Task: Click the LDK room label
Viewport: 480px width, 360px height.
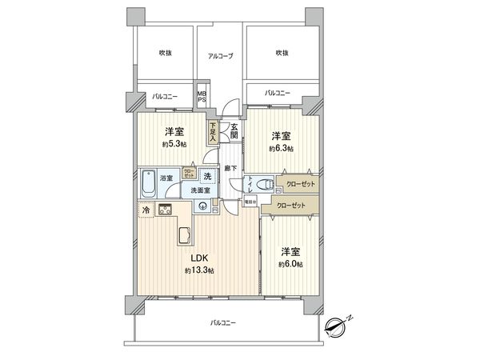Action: tap(198, 258)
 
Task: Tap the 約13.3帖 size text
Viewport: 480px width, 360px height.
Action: tap(198, 270)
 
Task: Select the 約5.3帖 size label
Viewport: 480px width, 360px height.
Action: tap(175, 144)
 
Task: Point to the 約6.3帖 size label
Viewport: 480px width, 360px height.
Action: tap(281, 149)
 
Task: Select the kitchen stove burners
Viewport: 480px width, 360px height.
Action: tap(166, 210)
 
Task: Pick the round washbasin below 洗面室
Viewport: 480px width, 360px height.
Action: tap(204, 207)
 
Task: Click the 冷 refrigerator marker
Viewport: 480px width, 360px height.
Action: tap(146, 210)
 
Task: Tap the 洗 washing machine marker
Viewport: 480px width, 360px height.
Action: tap(206, 176)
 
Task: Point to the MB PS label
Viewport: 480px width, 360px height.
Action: tap(202, 96)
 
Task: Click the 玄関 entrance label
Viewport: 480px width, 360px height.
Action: tap(234, 130)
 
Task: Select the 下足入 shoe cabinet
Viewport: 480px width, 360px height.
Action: tap(214, 132)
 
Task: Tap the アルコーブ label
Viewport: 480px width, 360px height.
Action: tap(220, 55)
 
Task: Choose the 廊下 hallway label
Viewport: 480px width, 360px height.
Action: tap(229, 168)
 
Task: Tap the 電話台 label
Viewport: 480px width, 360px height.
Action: tap(249, 202)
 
